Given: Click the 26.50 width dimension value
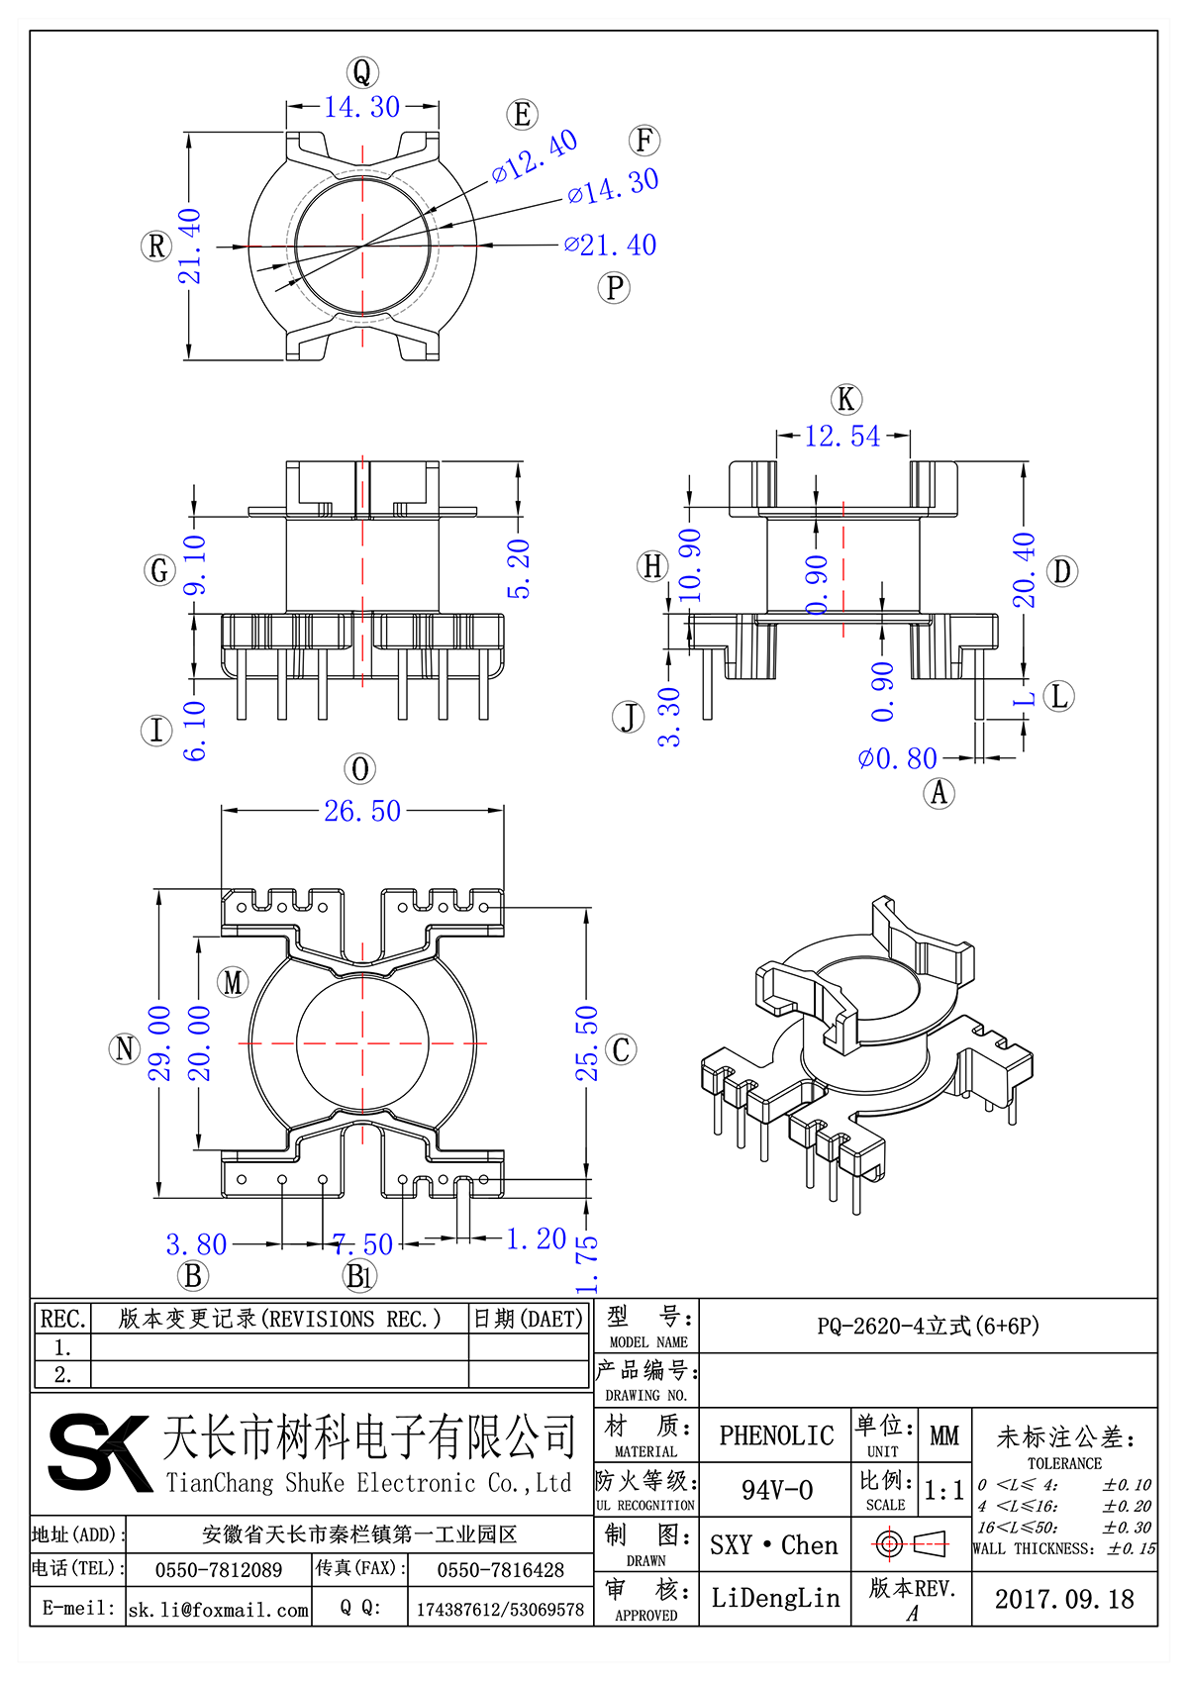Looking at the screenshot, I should coord(362,811).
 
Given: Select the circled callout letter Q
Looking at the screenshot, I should coord(362,72).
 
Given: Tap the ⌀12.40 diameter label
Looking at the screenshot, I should coord(535,156).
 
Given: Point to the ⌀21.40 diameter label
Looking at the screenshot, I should coord(610,245).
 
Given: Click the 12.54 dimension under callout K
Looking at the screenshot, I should coord(841,436).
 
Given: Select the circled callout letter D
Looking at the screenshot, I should coord(1061,571).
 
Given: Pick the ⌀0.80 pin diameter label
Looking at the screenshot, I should coord(897,758).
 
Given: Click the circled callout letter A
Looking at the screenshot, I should coord(939,792).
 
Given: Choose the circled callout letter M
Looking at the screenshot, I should coord(234,982).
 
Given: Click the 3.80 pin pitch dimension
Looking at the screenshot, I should coord(196,1243).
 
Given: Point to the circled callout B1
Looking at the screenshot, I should coord(359,1276).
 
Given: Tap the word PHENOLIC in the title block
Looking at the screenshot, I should coord(776,1434).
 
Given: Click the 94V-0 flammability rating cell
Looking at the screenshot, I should coord(776,1489).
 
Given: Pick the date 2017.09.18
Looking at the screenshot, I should coord(1064,1599).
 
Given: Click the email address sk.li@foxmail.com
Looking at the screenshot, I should coord(219,1610).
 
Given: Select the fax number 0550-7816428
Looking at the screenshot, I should coord(500,1570).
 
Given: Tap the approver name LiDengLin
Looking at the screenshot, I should coord(775,1598).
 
